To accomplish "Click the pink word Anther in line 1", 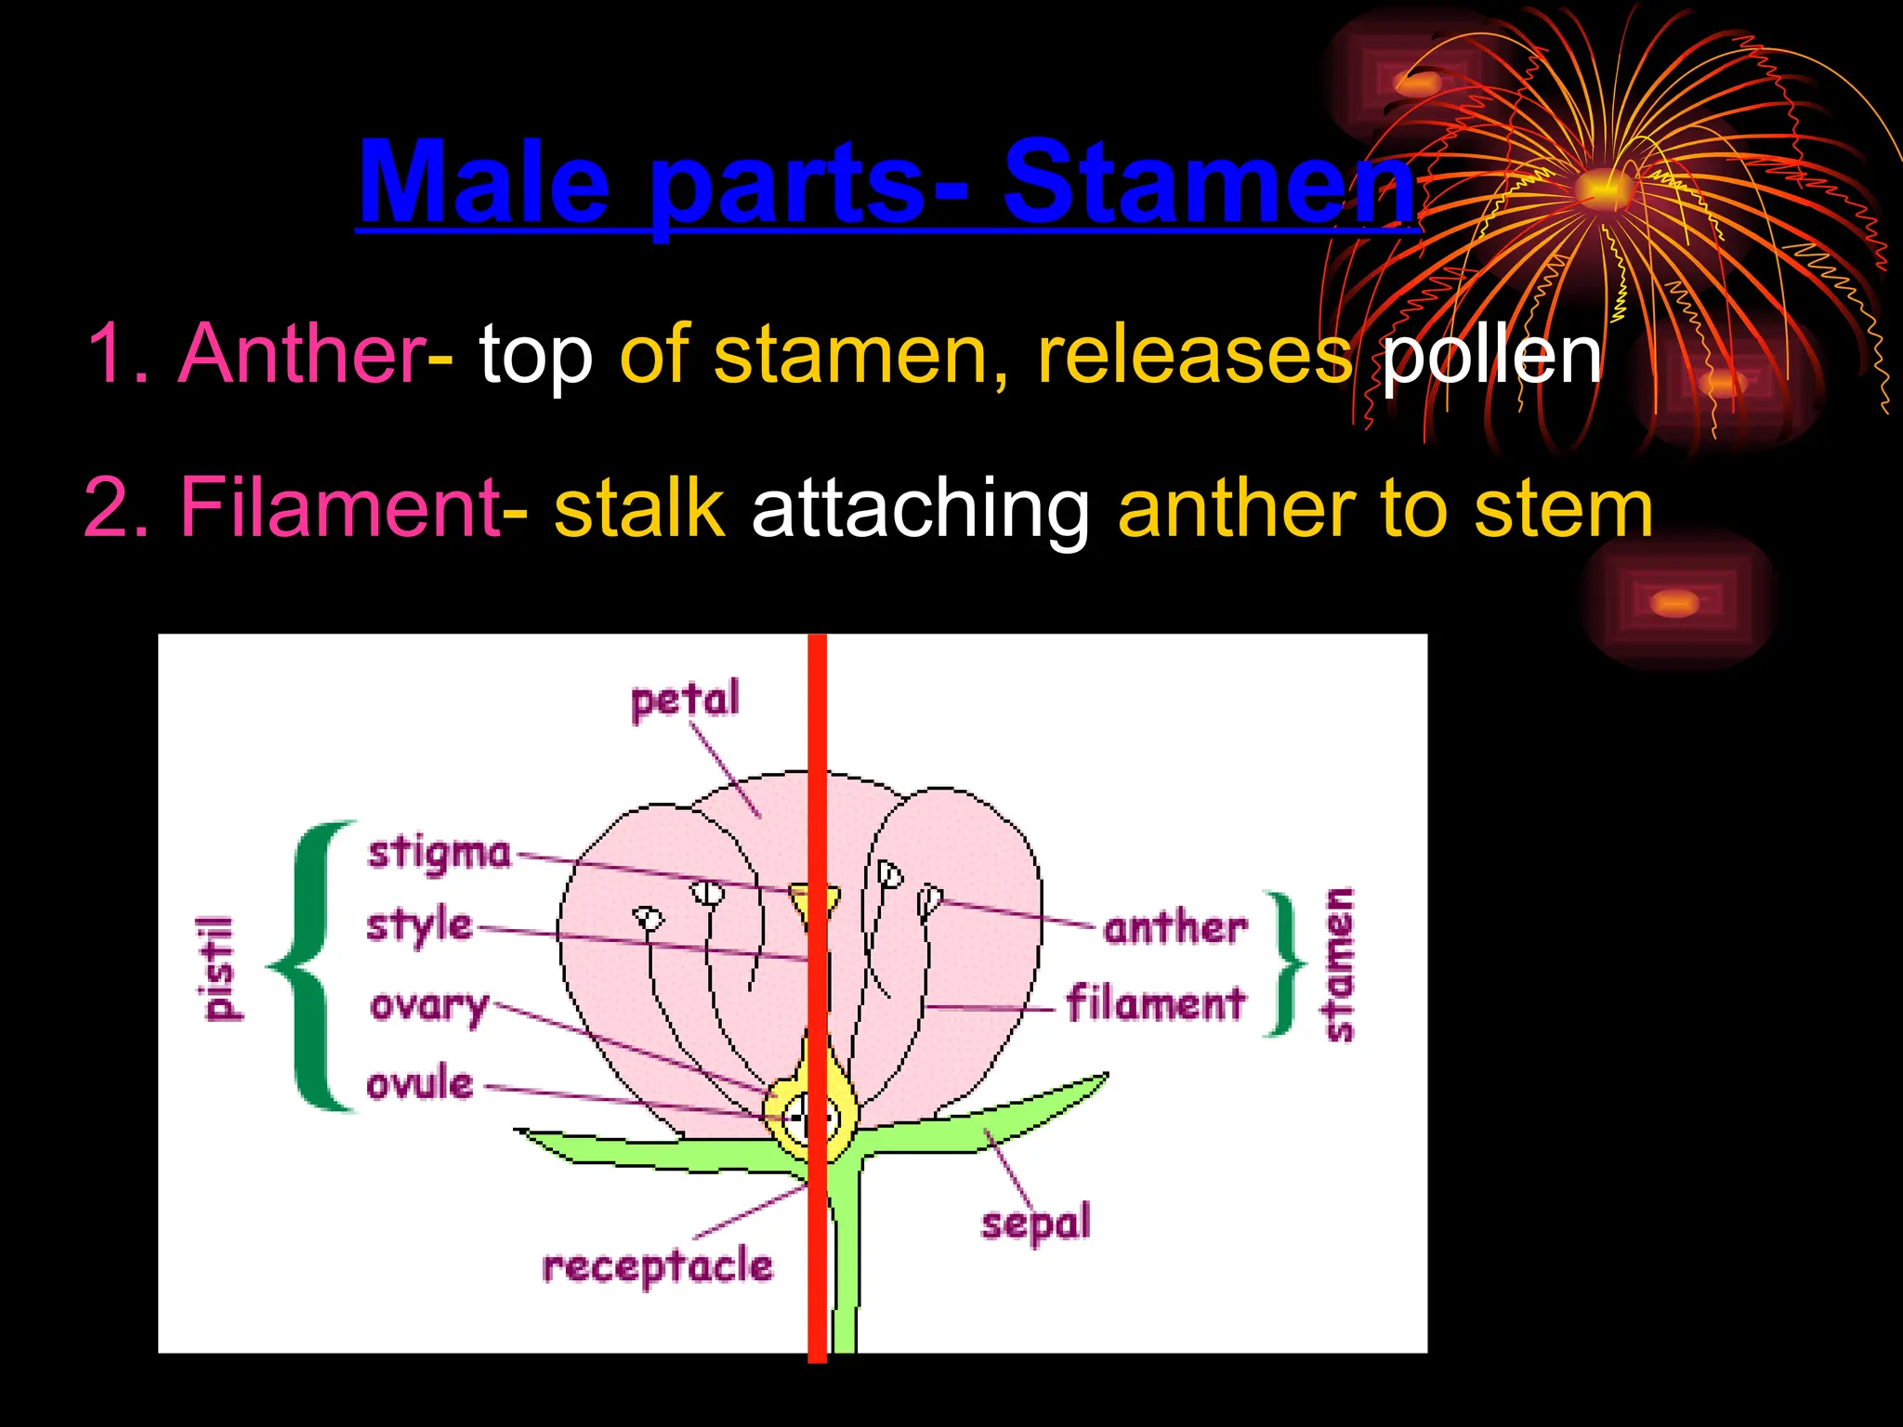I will (302, 353).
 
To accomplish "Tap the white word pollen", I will (1491, 355).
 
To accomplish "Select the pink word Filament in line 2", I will (340, 507).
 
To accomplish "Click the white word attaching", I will (921, 507).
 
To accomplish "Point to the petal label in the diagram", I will (685, 699).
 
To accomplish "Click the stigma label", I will (440, 853).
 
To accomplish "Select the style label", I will (419, 925).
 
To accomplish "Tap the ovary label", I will (429, 1005).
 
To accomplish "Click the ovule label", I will (420, 1083).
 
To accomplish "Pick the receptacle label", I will (657, 1265).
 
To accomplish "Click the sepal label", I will (1035, 1223).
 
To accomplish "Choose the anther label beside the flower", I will (1175, 927).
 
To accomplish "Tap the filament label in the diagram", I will (1155, 1003).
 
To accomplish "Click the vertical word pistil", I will (220, 968).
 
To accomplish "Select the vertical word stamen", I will (1338, 964).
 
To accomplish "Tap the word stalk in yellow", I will (639, 507).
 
